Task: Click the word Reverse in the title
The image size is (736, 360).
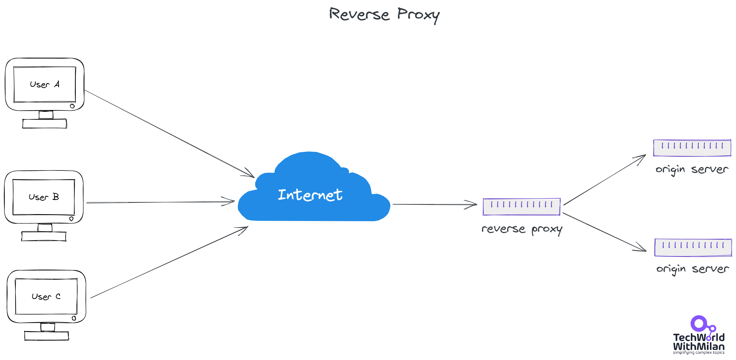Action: coord(359,14)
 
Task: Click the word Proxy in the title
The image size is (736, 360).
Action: coord(418,15)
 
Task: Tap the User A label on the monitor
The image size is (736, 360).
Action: coord(44,84)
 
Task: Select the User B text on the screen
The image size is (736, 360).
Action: coord(44,197)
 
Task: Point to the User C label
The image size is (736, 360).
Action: coord(46,296)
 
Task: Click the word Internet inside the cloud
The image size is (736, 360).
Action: coord(310,195)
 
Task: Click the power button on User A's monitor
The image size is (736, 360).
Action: coord(72,106)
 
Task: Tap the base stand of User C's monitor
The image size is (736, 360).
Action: coord(46,336)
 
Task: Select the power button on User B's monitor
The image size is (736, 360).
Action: coord(71,219)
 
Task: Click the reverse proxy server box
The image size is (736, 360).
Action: coord(521,207)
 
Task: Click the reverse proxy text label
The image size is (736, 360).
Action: coord(522,229)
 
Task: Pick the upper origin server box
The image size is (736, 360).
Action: coord(692,148)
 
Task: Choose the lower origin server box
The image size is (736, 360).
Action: coord(693,248)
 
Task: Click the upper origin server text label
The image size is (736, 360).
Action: coord(692,169)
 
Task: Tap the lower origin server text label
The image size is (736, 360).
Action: coord(693,269)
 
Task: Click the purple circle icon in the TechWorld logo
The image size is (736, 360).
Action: coord(699,323)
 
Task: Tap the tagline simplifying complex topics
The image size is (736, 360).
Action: coord(699,353)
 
